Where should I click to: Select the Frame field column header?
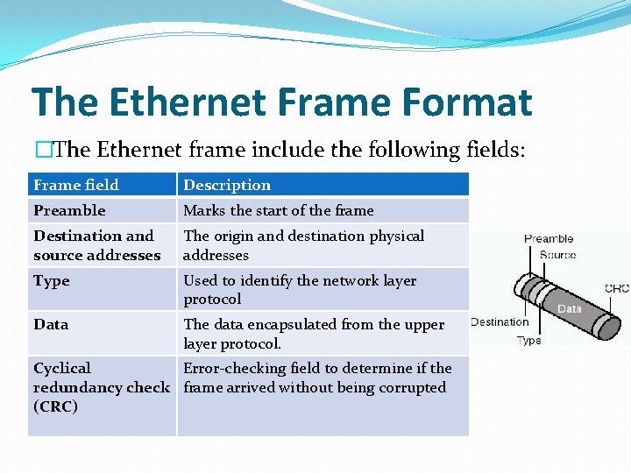[76, 185]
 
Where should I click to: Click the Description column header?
[227, 185]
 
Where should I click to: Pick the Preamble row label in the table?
[69, 210]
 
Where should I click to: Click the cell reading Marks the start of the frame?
[278, 210]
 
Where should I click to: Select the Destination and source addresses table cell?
[96, 245]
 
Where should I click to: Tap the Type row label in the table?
[51, 280]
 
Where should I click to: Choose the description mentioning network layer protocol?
[299, 290]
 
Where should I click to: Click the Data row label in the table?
[51, 324]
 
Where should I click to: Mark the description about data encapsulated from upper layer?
[313, 334]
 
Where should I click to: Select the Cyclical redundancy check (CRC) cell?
[101, 387]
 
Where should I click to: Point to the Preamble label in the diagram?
[549, 238]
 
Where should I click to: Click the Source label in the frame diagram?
[557, 255]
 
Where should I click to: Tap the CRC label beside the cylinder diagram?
[616, 288]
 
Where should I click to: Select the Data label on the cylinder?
[570, 308]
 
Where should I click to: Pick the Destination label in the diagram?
[500, 321]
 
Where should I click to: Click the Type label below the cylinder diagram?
[528, 340]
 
